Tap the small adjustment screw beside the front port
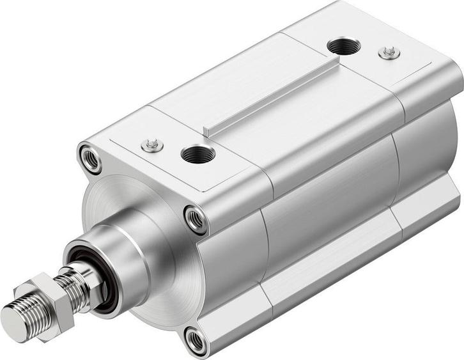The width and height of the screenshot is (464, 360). [x=152, y=146]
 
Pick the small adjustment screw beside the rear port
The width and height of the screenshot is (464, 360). [x=389, y=52]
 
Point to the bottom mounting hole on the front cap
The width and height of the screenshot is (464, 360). [x=196, y=341]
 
